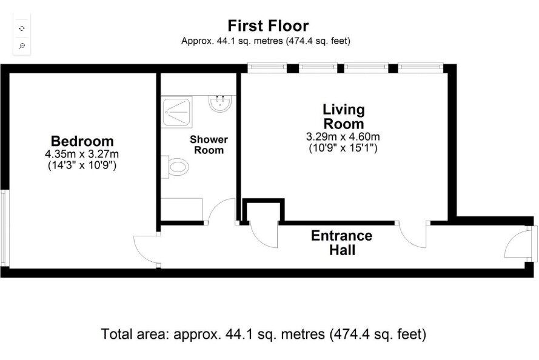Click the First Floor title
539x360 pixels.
click(x=268, y=26)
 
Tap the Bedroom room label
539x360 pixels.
click(x=82, y=141)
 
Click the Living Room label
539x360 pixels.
click(x=343, y=116)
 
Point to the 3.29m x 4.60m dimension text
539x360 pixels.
click(x=343, y=137)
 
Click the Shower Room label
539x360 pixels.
click(x=209, y=145)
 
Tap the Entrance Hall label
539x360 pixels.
click(x=342, y=243)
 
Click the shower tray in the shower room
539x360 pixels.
click(x=176, y=112)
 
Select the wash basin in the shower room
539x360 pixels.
click(x=220, y=103)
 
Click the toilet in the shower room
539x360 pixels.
click(x=175, y=167)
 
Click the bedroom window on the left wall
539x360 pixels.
click(x=4, y=228)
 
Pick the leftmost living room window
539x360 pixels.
click(x=267, y=68)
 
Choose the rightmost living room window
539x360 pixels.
click(x=420, y=68)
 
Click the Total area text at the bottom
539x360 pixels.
click(x=264, y=334)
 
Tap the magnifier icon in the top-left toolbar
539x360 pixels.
click(x=22, y=45)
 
